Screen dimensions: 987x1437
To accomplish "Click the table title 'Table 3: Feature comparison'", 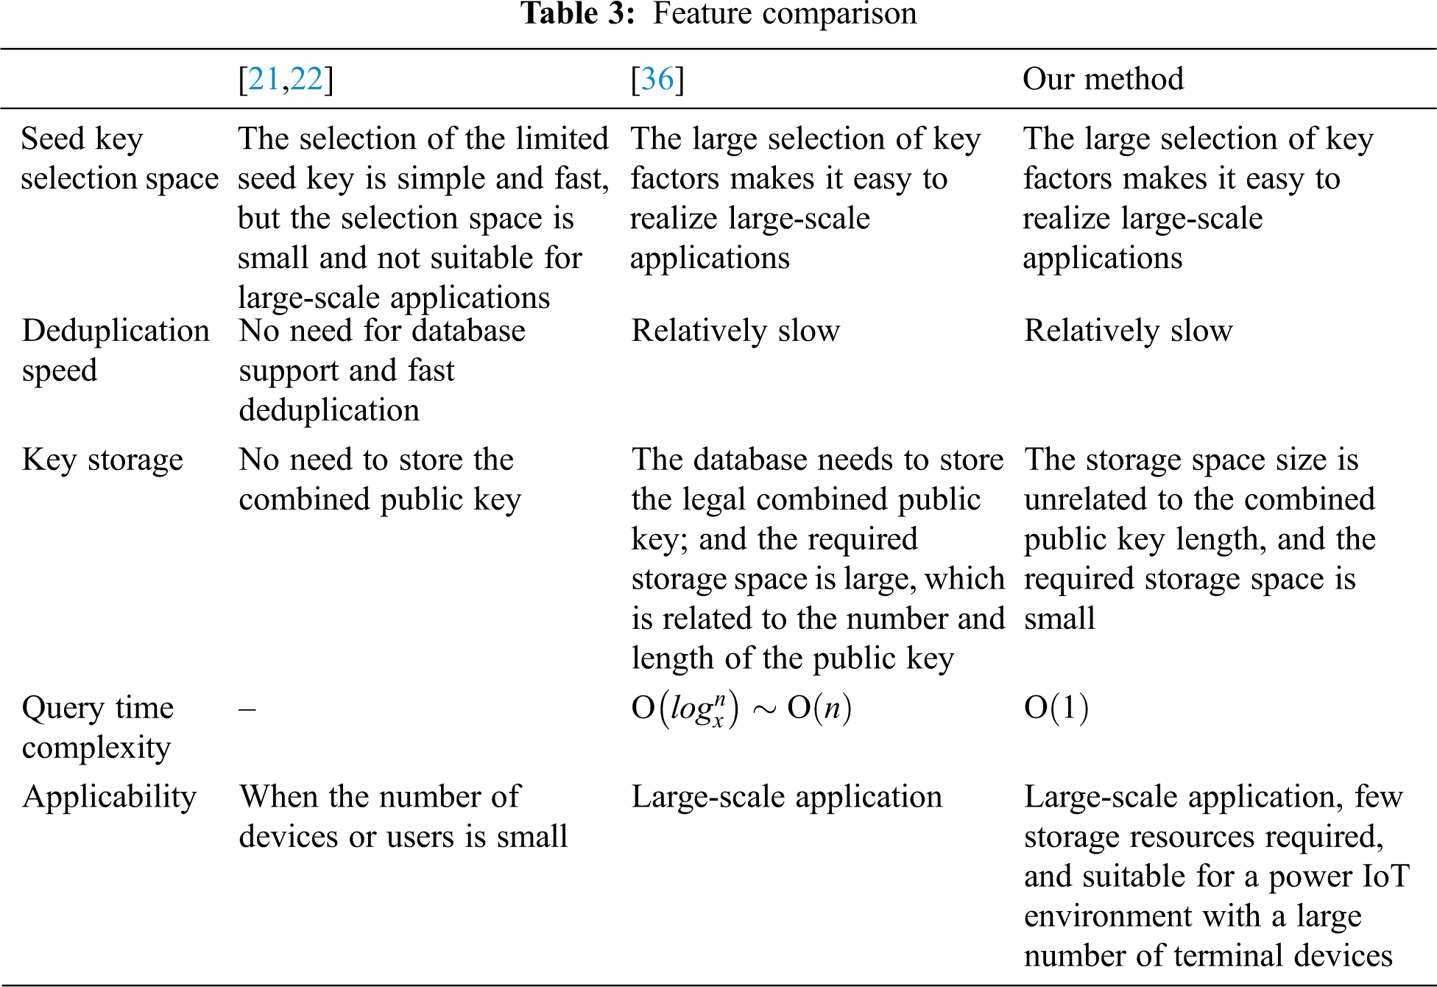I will point(718,13).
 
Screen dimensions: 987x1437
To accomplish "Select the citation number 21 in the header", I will point(264,79).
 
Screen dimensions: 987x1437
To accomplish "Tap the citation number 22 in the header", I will point(306,79).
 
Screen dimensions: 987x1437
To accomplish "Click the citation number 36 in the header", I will point(657,79).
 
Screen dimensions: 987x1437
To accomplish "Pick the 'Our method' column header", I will point(1103,79).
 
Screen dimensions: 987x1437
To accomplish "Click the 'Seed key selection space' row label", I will point(119,158).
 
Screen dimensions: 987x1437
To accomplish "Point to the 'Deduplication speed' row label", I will point(116,351).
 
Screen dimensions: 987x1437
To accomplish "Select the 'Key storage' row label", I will point(102,460).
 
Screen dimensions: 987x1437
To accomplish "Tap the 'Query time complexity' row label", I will point(98,727).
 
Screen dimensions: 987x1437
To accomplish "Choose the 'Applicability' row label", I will point(110,797).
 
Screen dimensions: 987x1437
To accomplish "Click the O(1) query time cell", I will point(1056,708).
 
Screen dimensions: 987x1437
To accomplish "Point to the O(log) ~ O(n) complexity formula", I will point(741,709).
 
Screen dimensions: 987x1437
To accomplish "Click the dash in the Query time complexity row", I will point(247,709).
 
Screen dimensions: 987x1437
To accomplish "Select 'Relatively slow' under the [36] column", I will point(735,331).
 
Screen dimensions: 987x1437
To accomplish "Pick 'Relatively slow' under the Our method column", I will point(1128,331).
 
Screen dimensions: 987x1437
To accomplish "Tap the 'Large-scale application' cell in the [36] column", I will point(786,797).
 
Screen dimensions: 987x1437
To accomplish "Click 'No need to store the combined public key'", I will point(379,480).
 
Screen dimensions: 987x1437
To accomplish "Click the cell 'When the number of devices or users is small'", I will point(403,817).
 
